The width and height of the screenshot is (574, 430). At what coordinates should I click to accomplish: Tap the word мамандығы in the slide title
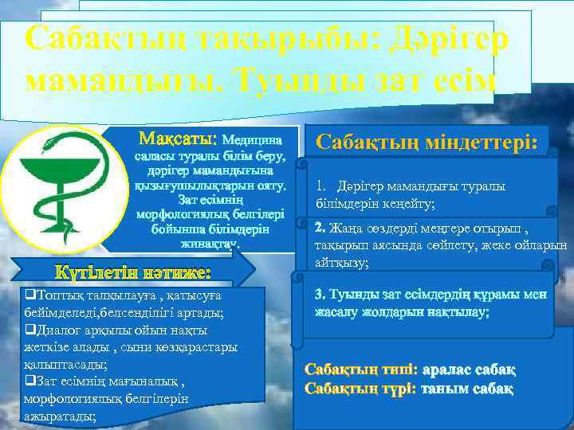[x=124, y=81]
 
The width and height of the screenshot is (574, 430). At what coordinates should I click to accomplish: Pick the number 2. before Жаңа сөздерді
[x=321, y=227]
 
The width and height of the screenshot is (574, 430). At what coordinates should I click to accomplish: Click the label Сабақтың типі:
[x=361, y=370]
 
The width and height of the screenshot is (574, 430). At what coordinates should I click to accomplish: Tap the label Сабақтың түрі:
[x=361, y=389]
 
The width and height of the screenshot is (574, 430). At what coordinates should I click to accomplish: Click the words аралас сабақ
[x=469, y=370]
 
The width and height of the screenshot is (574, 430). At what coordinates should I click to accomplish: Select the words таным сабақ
[x=466, y=389]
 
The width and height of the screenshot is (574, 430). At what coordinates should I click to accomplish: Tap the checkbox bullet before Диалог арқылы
[x=29, y=330]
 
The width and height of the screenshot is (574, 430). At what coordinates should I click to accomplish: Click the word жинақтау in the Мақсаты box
[x=209, y=244]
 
